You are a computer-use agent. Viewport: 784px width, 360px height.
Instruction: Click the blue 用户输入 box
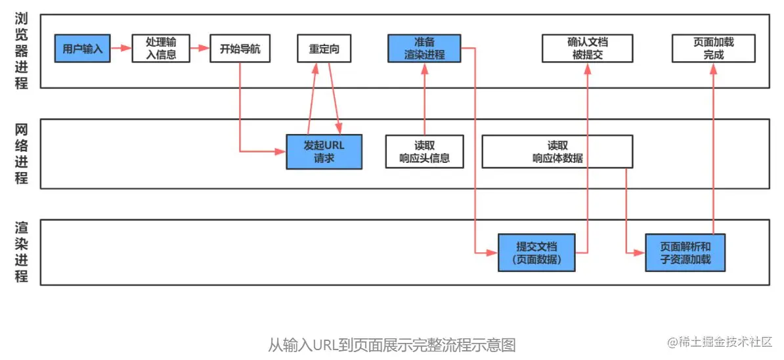[x=83, y=49]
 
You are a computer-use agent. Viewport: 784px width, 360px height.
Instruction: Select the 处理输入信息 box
[x=161, y=49]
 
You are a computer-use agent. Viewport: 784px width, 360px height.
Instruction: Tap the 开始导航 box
[x=240, y=49]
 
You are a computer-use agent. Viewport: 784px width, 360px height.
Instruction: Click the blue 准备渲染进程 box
[x=424, y=49]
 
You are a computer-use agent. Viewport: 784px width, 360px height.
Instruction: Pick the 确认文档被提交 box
[x=587, y=49]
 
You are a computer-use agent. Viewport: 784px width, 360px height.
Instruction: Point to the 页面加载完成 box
[x=713, y=49]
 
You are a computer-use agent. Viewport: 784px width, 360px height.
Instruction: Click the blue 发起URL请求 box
[x=324, y=152]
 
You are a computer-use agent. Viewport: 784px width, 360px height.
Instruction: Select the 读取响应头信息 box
[x=424, y=152]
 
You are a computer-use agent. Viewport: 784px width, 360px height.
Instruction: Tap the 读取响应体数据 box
[x=557, y=152]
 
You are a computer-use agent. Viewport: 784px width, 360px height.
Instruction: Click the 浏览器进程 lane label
[x=22, y=50]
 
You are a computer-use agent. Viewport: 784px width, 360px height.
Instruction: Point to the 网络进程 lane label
[x=22, y=154]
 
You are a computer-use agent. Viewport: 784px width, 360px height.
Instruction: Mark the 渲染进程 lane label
[x=22, y=252]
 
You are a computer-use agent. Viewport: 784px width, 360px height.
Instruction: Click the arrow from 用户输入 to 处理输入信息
[x=121, y=48]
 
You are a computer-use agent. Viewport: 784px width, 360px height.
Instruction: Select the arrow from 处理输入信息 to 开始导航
[x=200, y=48]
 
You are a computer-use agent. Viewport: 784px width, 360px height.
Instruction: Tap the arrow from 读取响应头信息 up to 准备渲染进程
[x=424, y=99]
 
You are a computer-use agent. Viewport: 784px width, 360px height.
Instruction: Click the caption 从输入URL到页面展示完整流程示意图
[x=391, y=345]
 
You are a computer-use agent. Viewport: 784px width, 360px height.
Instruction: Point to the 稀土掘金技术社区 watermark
[x=720, y=342]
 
